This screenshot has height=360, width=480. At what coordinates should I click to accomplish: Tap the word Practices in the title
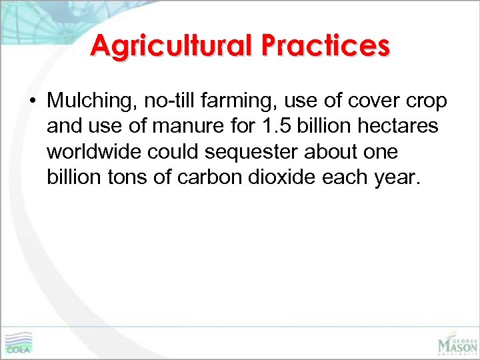pos(325,45)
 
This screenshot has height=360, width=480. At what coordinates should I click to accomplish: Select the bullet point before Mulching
pos(31,101)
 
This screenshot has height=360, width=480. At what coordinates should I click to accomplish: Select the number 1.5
pos(271,126)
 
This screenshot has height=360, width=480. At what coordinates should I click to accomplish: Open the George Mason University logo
pos(457,341)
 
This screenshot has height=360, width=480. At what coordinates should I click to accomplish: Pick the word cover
pos(365,101)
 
